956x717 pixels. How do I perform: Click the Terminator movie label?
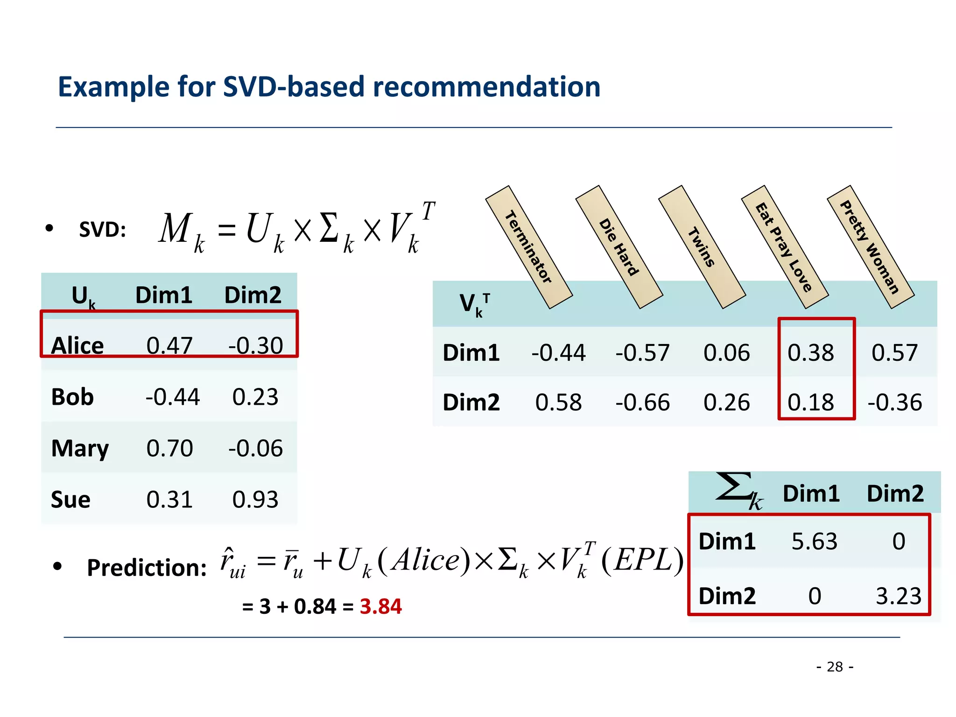point(529,247)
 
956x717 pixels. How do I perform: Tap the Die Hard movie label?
point(619,247)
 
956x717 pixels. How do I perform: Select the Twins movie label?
point(702,247)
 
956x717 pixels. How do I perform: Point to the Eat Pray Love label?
point(784,247)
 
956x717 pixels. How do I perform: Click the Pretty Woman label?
point(870,247)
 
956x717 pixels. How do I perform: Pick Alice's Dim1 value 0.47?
point(169,346)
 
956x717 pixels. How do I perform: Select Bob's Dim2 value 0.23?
point(255,397)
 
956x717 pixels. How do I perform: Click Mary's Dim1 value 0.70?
point(169,449)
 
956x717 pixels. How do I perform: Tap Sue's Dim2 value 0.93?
point(255,500)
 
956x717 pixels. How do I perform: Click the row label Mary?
point(80,449)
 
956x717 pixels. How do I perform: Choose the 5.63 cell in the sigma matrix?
point(815,542)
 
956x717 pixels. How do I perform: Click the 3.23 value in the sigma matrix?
point(899,597)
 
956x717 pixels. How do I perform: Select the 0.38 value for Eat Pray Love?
point(811,353)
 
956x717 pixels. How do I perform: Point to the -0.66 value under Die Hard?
point(643,403)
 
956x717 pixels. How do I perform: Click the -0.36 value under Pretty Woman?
point(895,403)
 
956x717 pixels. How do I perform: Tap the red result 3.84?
point(380,607)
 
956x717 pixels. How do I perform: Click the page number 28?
point(835,667)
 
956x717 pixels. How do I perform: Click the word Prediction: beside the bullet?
point(147,568)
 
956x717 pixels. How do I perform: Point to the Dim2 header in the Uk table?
point(253,295)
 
